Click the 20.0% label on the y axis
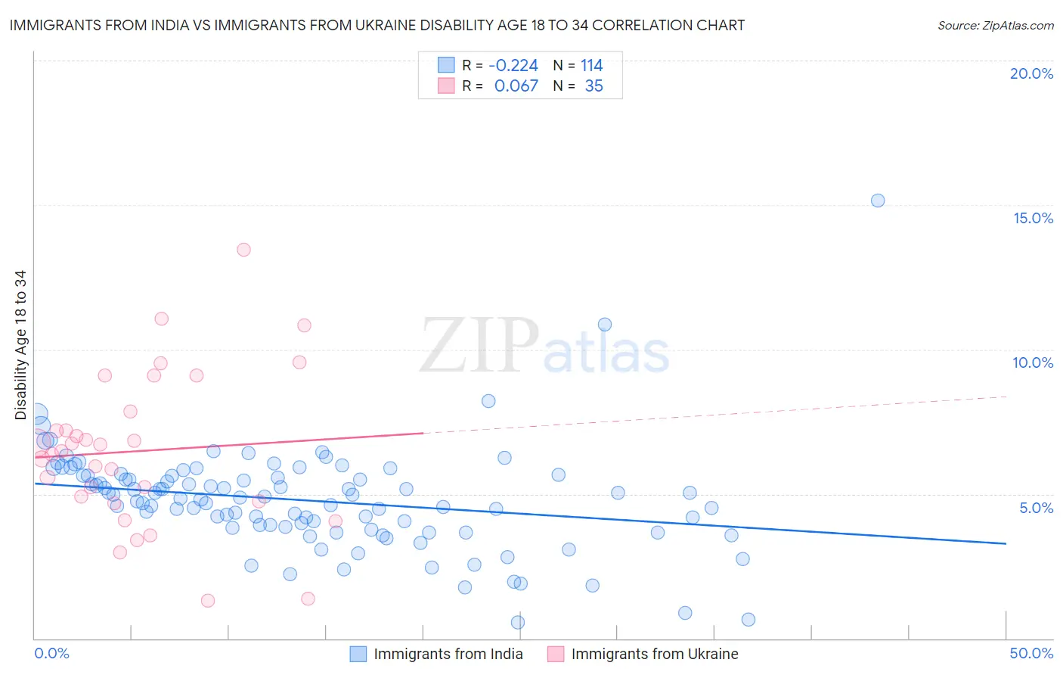(1031, 73)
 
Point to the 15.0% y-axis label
(1033, 218)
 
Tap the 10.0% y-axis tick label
(1033, 362)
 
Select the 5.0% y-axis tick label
(1036, 508)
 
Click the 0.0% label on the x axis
(51, 653)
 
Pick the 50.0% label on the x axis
(1031, 653)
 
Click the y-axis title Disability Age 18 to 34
(20, 345)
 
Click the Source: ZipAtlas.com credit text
(995, 25)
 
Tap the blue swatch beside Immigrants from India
(358, 654)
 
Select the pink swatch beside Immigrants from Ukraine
(556, 654)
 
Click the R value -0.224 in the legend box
(513, 66)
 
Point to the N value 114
(591, 66)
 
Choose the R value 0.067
(516, 86)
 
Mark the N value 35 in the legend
(593, 86)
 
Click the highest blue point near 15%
(878, 201)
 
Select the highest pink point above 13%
(243, 250)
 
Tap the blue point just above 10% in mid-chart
(605, 325)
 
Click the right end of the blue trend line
(1006, 543)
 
